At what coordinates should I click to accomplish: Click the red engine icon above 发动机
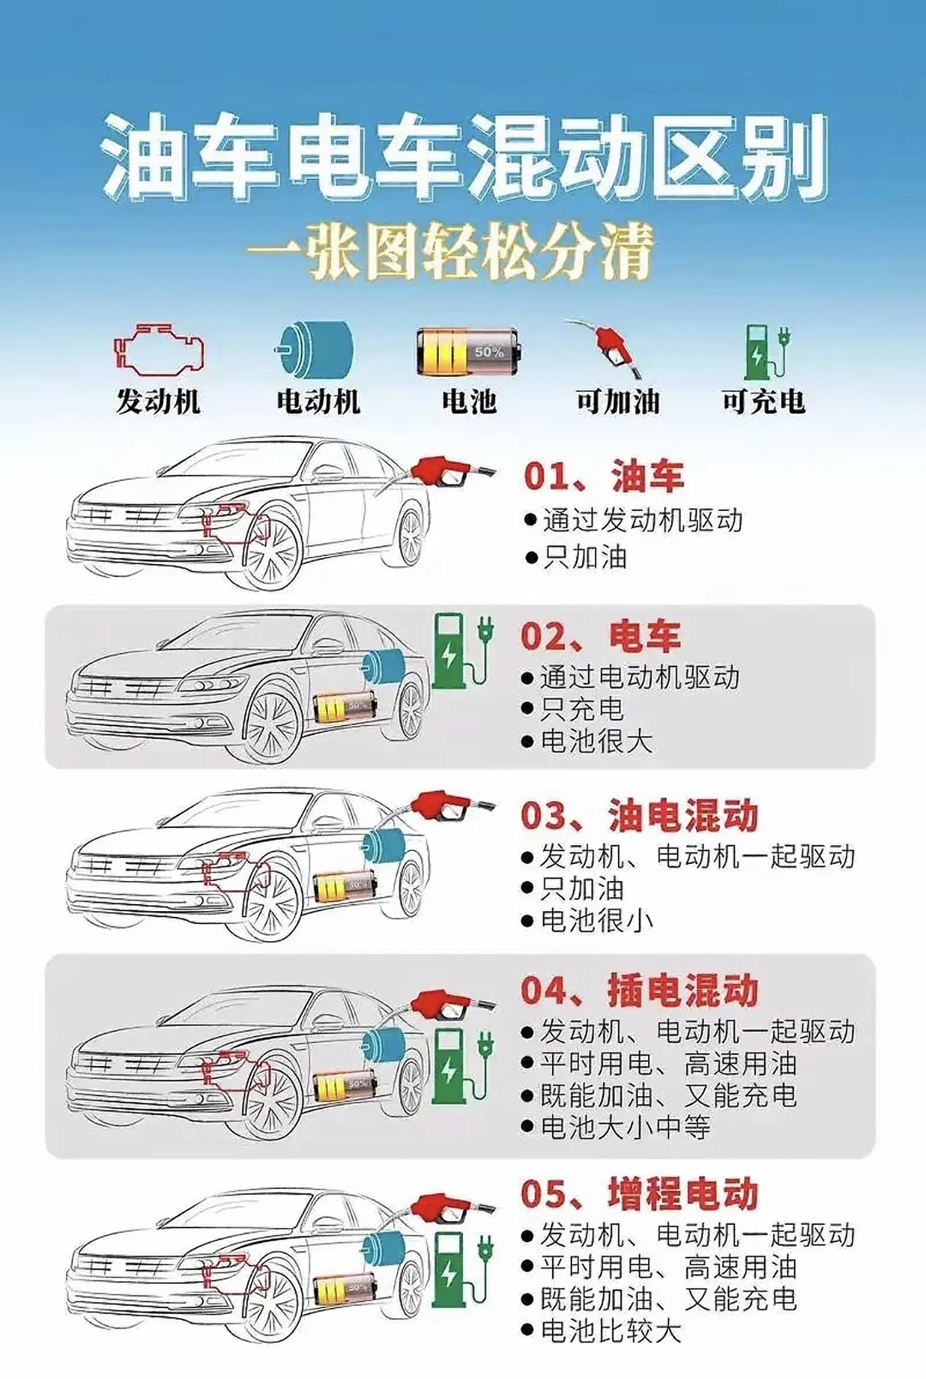click(x=159, y=350)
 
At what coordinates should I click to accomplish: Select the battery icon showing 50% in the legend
click(x=466, y=351)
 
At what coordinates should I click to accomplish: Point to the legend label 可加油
click(x=617, y=401)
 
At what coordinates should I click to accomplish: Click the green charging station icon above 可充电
click(x=765, y=351)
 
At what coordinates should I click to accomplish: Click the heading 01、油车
click(x=604, y=477)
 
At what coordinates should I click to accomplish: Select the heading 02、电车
click(x=600, y=637)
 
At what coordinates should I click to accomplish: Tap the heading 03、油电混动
click(x=639, y=815)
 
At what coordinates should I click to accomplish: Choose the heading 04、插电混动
click(x=639, y=990)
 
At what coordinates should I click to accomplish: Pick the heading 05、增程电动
click(x=639, y=1194)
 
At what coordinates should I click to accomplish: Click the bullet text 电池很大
click(x=596, y=740)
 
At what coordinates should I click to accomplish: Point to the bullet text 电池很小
click(x=596, y=920)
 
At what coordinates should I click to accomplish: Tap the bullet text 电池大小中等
click(x=625, y=1127)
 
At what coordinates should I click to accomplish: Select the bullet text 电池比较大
click(x=610, y=1331)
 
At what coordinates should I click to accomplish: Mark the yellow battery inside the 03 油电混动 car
click(x=343, y=886)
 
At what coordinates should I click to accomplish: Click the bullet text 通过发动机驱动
click(x=642, y=520)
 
